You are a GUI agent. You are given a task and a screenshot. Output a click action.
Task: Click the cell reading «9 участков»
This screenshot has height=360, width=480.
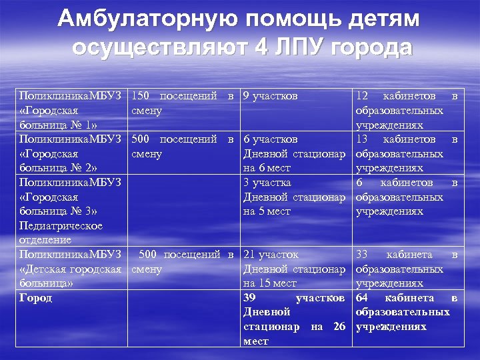tap(270, 96)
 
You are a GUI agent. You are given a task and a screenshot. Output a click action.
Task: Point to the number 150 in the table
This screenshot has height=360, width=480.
tap(141, 96)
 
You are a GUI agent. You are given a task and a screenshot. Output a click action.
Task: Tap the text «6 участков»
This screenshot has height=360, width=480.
tap(270, 139)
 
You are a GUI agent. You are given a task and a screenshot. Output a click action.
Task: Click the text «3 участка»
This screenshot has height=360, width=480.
tap(267, 183)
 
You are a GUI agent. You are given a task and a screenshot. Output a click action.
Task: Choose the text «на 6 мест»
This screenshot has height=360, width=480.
tap(266, 168)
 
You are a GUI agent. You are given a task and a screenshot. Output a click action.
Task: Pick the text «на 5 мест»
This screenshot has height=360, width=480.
tap(266, 211)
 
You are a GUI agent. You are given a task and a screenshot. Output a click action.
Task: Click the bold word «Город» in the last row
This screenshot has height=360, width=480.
tap(35, 298)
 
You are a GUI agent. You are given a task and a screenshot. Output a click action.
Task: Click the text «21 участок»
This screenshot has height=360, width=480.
tap(271, 255)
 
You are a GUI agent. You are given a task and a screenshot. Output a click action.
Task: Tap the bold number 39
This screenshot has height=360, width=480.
tap(250, 298)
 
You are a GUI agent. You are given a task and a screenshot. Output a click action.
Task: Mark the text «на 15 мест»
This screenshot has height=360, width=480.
tap(269, 283)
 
